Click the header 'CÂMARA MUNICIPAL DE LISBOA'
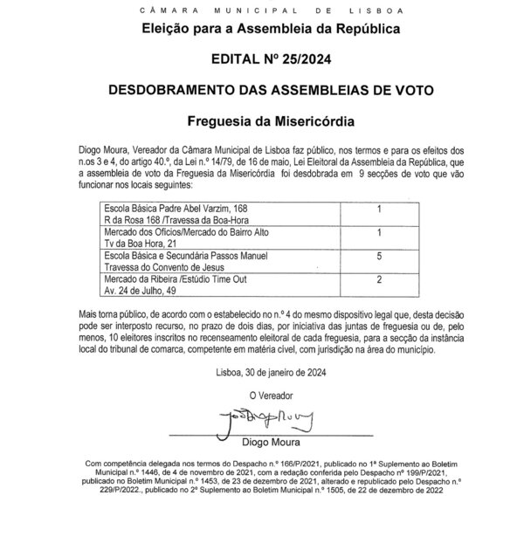(x=263, y=9)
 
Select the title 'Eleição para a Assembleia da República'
(x=263, y=29)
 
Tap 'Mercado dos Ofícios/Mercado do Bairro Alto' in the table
(x=175, y=233)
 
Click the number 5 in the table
(x=378, y=258)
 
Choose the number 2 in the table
(x=378, y=279)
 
